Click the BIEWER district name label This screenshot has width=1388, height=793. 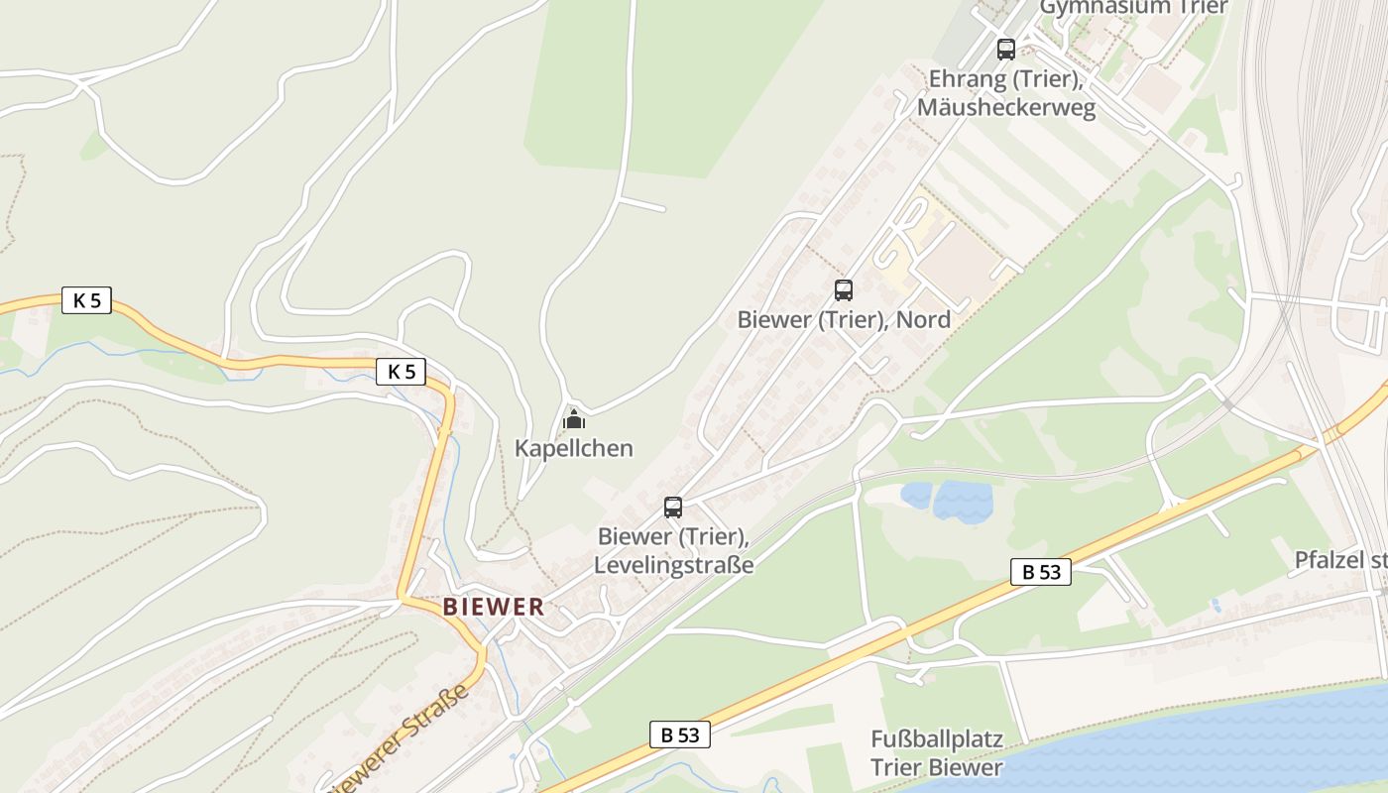tap(494, 607)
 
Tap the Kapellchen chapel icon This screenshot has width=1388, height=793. tap(573, 419)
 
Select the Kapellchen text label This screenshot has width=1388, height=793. tap(573, 448)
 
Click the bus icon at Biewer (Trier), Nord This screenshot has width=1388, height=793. tap(844, 290)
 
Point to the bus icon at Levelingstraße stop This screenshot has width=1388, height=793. tap(673, 508)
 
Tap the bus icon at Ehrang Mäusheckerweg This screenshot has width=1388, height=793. tap(1006, 49)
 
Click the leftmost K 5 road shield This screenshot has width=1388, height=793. tap(87, 300)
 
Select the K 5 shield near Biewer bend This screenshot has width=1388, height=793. tap(402, 372)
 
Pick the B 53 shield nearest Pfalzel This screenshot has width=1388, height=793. tap(1041, 571)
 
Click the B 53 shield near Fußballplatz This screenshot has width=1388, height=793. tap(680, 735)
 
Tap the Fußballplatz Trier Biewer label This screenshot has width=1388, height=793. tap(937, 753)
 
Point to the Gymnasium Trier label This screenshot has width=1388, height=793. tap(1133, 8)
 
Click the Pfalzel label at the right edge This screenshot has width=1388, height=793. tap(1339, 560)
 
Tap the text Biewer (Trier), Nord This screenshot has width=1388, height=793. tap(844, 319)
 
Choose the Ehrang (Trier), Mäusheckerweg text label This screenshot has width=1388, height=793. tap(1006, 93)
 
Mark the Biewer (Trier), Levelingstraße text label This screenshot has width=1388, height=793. tap(673, 551)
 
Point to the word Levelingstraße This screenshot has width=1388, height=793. tap(673, 565)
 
